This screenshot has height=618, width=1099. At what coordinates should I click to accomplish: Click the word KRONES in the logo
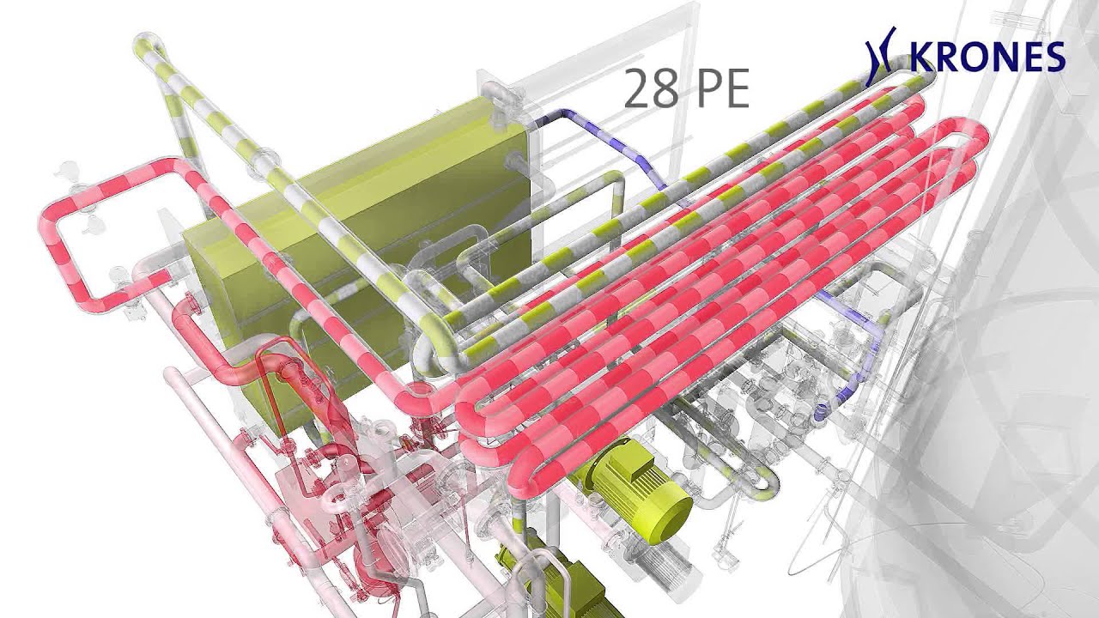pos(987,57)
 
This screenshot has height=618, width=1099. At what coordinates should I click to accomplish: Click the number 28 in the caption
pos(651,88)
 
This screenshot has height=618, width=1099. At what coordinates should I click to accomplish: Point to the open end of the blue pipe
pos(819,412)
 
